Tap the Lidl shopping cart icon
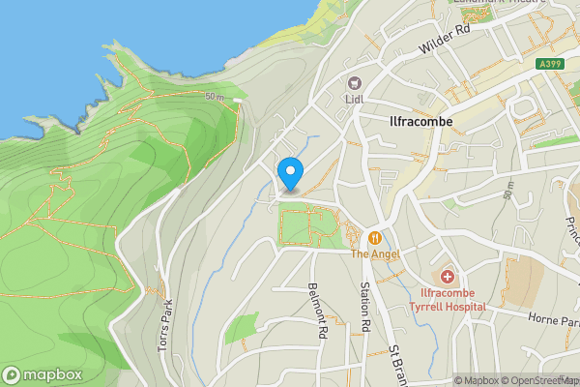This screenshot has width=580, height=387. click(x=354, y=83)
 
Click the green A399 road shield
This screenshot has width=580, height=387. click(x=550, y=65)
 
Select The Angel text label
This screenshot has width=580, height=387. click(x=374, y=253)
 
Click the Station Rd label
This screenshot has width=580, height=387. click(x=365, y=308)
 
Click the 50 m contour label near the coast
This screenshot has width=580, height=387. click(x=214, y=98)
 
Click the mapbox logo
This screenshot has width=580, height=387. click(x=42, y=374)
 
